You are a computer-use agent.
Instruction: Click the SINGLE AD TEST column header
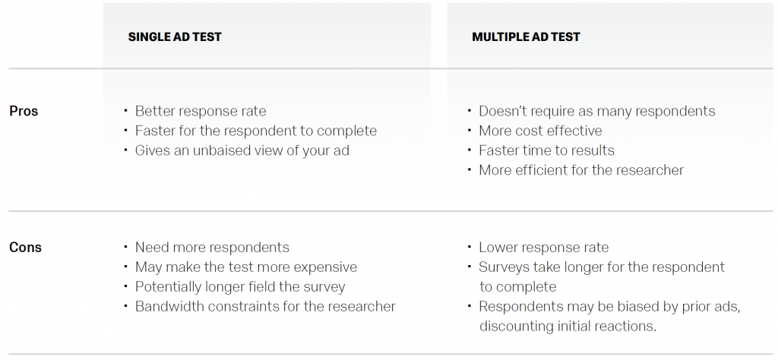point(175,36)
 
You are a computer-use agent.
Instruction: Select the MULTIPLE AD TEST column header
point(526,36)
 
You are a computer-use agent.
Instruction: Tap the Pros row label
point(24,111)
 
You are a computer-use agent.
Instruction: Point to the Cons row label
point(25,248)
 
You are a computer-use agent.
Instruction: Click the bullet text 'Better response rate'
point(201,111)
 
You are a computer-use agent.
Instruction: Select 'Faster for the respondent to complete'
point(255,131)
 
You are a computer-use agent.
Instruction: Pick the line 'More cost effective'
point(540,131)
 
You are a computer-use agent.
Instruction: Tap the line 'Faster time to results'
point(546,150)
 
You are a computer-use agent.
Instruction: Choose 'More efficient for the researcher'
point(581,170)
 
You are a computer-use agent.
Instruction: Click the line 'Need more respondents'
point(212,248)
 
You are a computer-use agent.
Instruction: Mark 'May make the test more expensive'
point(245,267)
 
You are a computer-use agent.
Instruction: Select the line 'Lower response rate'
point(543,248)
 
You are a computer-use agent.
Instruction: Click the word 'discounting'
point(517,327)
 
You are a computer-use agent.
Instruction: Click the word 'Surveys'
point(504,267)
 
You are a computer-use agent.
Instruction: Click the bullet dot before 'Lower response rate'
point(470,247)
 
